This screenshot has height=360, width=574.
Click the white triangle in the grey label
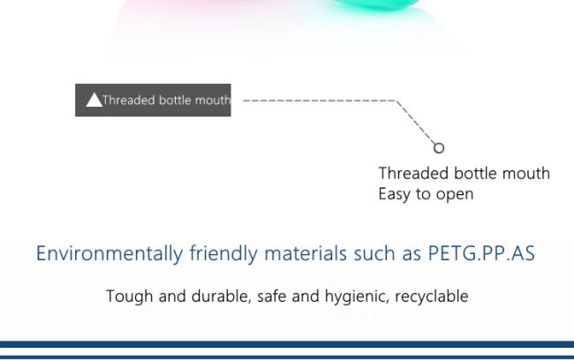(94, 100)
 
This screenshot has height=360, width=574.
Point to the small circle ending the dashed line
(439, 148)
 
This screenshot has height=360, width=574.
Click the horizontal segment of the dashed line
(320, 101)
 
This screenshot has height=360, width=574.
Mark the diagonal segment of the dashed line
(416, 122)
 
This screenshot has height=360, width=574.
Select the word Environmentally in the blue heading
(110, 253)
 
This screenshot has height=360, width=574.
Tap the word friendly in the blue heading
(223, 253)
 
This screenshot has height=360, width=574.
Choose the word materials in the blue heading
(306, 253)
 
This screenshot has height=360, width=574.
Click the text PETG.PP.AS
(481, 253)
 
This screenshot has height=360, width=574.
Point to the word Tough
(130, 296)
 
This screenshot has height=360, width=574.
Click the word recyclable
(432, 296)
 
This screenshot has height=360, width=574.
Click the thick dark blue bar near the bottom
(287, 344)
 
